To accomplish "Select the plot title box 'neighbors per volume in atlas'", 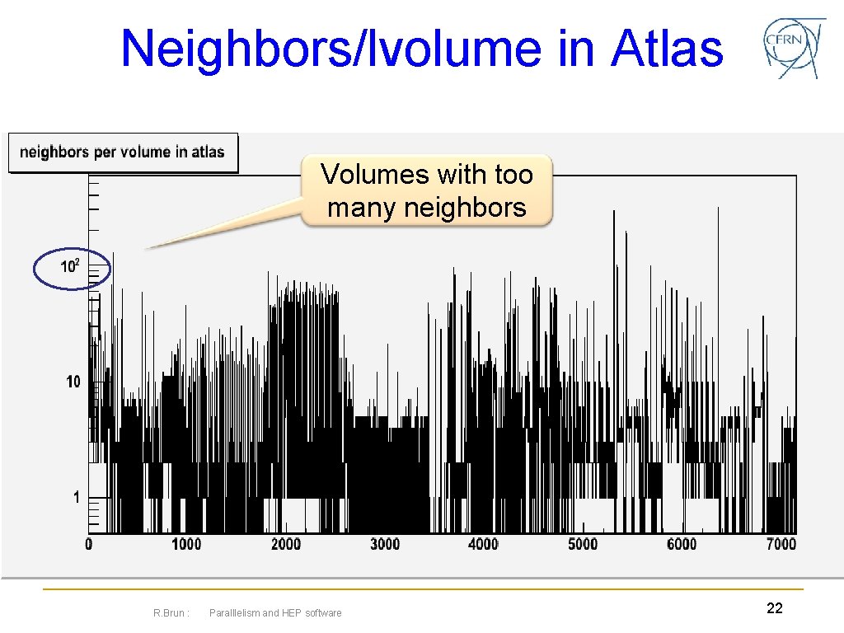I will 122,152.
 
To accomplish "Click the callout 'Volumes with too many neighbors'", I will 426,190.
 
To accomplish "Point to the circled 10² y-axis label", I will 71,267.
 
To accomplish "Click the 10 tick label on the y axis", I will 73,382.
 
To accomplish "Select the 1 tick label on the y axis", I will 76,497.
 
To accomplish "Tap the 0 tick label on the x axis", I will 89,544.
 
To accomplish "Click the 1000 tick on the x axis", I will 185,544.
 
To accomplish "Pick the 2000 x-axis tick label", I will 285,544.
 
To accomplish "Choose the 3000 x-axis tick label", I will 384,544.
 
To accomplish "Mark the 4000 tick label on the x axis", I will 483,544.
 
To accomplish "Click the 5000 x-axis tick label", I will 582,544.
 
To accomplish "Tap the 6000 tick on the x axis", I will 681,544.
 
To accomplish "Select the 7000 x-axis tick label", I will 780,544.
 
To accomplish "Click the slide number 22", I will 774,608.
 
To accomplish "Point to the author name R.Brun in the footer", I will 171,612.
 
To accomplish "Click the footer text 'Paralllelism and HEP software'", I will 275,612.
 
